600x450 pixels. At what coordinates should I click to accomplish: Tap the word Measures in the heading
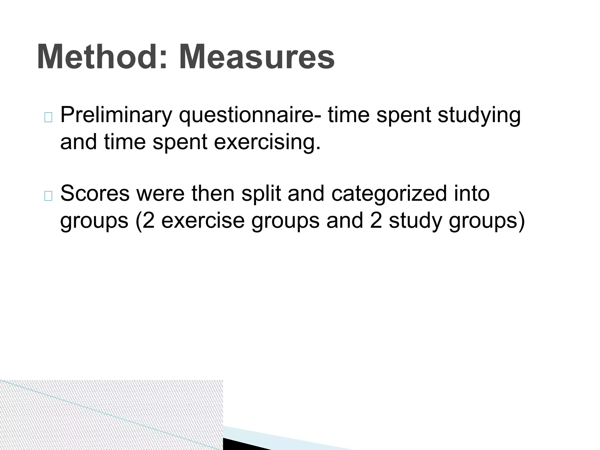[x=257, y=57]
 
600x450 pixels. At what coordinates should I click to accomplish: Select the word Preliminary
[x=116, y=115]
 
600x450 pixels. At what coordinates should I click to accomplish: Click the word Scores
[x=95, y=194]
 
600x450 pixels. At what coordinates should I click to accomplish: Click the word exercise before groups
[x=203, y=221]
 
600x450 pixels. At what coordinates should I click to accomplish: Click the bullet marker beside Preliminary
[x=48, y=117]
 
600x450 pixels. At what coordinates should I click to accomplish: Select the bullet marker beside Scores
[x=48, y=196]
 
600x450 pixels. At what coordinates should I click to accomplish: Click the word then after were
[x=213, y=194]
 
